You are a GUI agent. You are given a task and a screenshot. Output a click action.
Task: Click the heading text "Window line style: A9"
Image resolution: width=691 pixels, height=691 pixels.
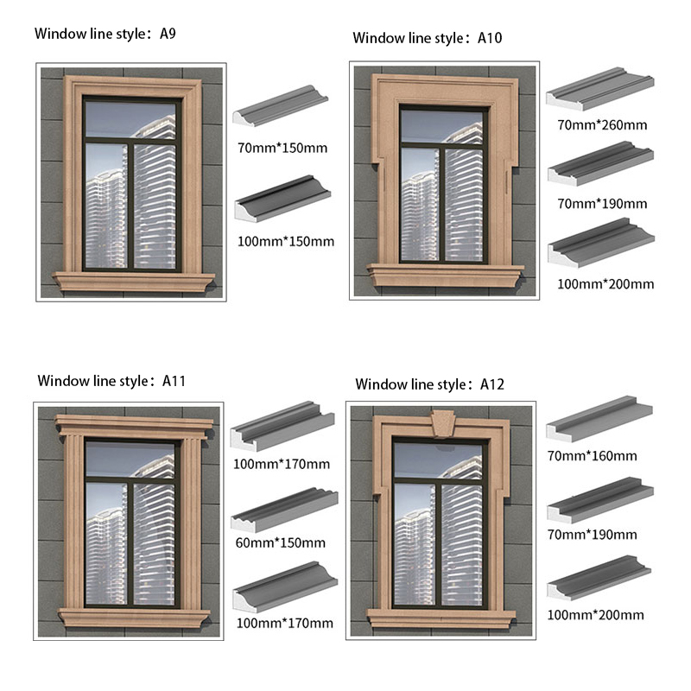point(105,35)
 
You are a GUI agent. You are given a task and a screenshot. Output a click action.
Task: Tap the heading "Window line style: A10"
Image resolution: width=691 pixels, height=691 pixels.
point(428,38)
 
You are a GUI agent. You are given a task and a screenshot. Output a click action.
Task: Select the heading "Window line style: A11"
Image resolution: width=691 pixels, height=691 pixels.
point(111,380)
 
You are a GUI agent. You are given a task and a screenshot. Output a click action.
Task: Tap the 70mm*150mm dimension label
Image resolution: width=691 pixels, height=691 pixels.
point(282,148)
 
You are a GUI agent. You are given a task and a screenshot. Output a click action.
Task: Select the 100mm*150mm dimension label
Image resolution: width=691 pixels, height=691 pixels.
point(285,241)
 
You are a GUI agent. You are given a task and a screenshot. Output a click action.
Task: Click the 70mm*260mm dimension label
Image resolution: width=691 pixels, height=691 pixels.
point(602,125)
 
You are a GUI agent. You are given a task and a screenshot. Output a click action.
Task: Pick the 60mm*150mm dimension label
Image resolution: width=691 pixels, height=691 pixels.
point(279,543)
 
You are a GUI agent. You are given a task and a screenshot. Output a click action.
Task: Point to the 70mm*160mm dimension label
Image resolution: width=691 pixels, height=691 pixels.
point(592,456)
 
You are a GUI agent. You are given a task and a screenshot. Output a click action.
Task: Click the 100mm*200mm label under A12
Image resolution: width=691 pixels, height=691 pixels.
point(595,615)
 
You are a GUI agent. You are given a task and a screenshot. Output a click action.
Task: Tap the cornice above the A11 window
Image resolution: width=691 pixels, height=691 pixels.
point(132,423)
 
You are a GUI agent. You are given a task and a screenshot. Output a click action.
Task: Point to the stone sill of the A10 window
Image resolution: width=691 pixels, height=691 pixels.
point(445,274)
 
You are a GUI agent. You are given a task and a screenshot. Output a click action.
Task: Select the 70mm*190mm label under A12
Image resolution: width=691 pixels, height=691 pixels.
point(592,535)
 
